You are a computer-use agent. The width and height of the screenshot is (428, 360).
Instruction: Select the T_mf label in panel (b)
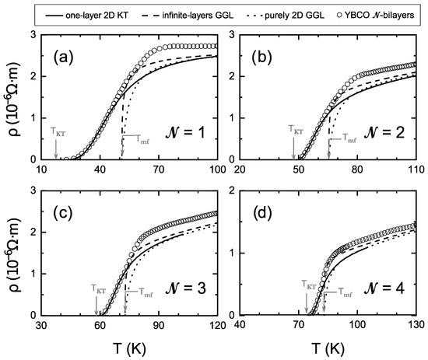pyautogui.click(x=351, y=135)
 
